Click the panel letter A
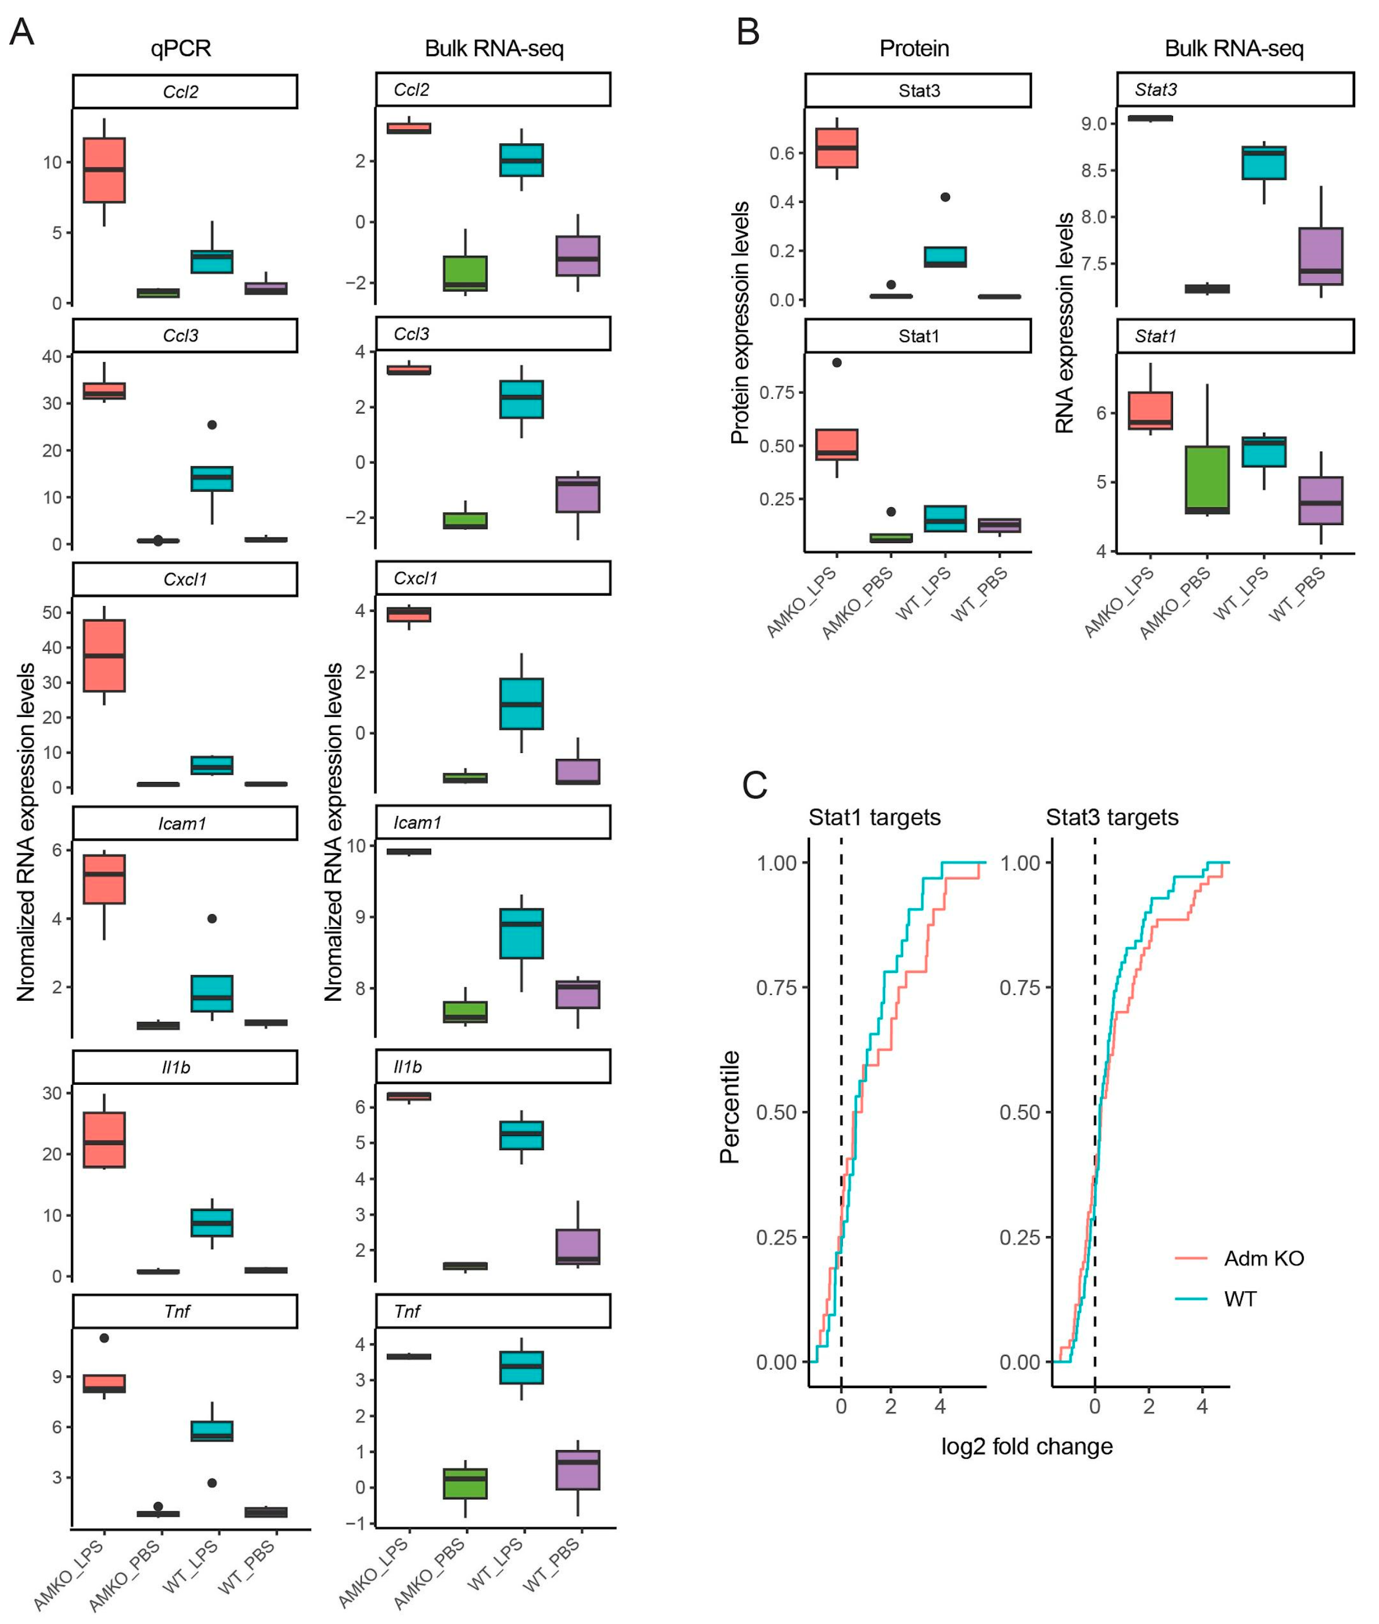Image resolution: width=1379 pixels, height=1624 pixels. tap(22, 33)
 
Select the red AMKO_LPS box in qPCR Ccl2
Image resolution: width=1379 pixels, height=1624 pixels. tap(104, 170)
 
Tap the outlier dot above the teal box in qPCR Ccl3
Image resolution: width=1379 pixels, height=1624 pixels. tap(212, 425)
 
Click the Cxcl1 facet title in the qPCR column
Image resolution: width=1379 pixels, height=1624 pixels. tap(184, 579)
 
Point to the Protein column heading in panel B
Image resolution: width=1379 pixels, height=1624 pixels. tap(914, 49)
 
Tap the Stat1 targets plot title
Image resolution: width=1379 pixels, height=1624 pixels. tap(874, 817)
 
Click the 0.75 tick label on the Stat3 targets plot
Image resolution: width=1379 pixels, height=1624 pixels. tap(1019, 988)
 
